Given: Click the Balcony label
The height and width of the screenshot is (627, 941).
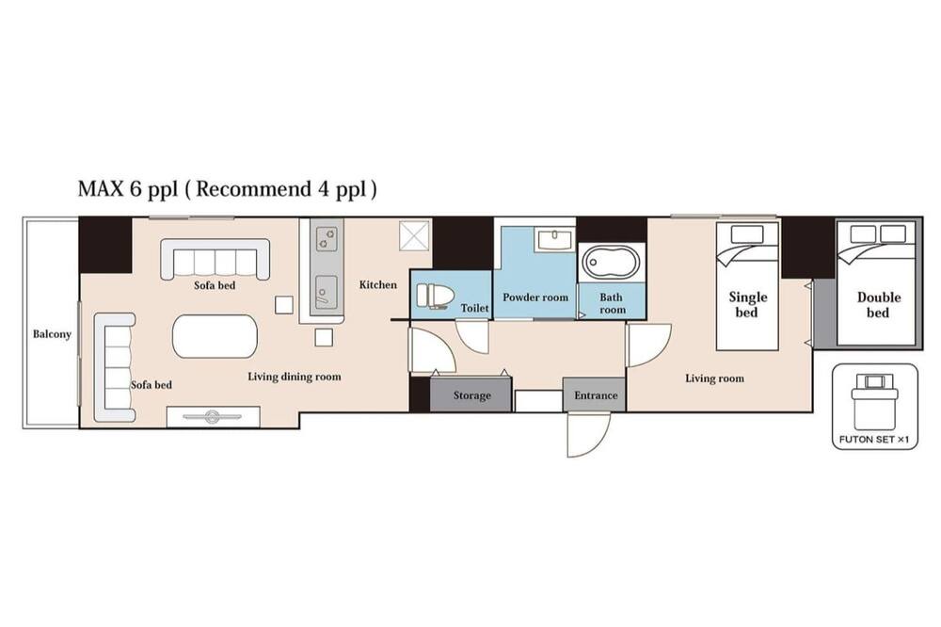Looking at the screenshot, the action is [52, 334].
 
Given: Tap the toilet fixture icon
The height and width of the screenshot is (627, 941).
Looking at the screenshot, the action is [433, 296].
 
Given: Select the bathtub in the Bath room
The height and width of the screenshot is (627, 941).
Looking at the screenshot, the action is [611, 262].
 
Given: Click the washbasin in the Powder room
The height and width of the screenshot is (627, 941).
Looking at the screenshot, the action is [556, 240].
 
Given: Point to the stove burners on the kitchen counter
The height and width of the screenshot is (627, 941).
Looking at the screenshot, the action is [327, 238].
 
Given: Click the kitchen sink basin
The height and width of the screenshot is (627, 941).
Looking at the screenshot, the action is [326, 293].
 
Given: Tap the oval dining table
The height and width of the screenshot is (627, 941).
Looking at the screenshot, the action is [215, 336].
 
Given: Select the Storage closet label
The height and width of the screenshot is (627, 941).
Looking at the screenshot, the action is [471, 395].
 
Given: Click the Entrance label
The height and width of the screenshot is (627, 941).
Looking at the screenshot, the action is [596, 395].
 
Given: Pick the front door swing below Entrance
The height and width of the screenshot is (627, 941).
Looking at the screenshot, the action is [589, 434].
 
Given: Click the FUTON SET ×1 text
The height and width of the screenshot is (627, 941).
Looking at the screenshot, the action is [874, 440].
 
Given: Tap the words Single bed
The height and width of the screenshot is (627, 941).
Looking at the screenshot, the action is [747, 304].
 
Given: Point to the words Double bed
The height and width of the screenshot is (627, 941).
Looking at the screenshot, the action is [878, 304].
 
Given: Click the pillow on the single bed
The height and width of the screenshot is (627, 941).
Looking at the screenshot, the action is [747, 234].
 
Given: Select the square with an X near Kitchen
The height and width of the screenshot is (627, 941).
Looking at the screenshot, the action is [415, 235].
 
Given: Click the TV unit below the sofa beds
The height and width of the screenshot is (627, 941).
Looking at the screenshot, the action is [213, 416].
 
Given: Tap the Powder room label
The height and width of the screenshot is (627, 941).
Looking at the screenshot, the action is [535, 297].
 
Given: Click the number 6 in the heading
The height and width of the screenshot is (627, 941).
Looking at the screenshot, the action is [134, 189].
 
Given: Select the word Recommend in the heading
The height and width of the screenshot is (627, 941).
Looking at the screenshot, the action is [252, 189].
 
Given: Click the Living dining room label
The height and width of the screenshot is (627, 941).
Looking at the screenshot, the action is [294, 377].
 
